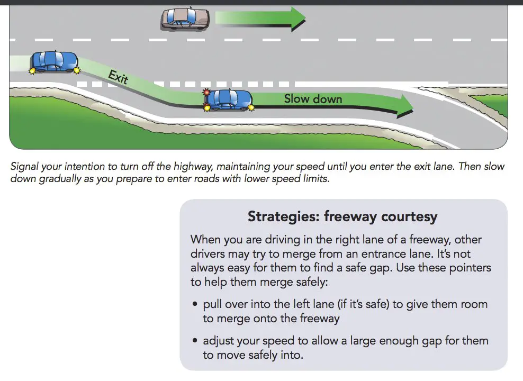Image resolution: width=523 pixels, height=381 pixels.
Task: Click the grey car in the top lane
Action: coord(185,19)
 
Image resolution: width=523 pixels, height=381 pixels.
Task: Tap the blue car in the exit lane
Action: coord(228,99)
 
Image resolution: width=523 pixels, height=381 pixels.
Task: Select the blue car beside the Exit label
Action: coord(55,62)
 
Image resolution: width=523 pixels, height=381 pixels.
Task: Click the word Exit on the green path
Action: coord(118,77)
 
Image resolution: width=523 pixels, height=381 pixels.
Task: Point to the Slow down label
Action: coord(313,99)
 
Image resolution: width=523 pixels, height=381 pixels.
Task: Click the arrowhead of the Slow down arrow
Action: coord(405,106)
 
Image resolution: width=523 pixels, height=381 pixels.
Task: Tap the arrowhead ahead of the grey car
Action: coord(298,19)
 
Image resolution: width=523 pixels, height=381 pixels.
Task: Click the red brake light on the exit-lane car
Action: coord(206,92)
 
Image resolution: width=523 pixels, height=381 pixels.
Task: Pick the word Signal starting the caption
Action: coord(25,166)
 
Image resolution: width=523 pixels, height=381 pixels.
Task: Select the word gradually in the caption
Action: coord(60,179)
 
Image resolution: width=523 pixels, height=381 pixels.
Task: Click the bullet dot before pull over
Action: coord(195,304)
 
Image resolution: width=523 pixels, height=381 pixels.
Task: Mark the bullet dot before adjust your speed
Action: coord(195,340)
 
